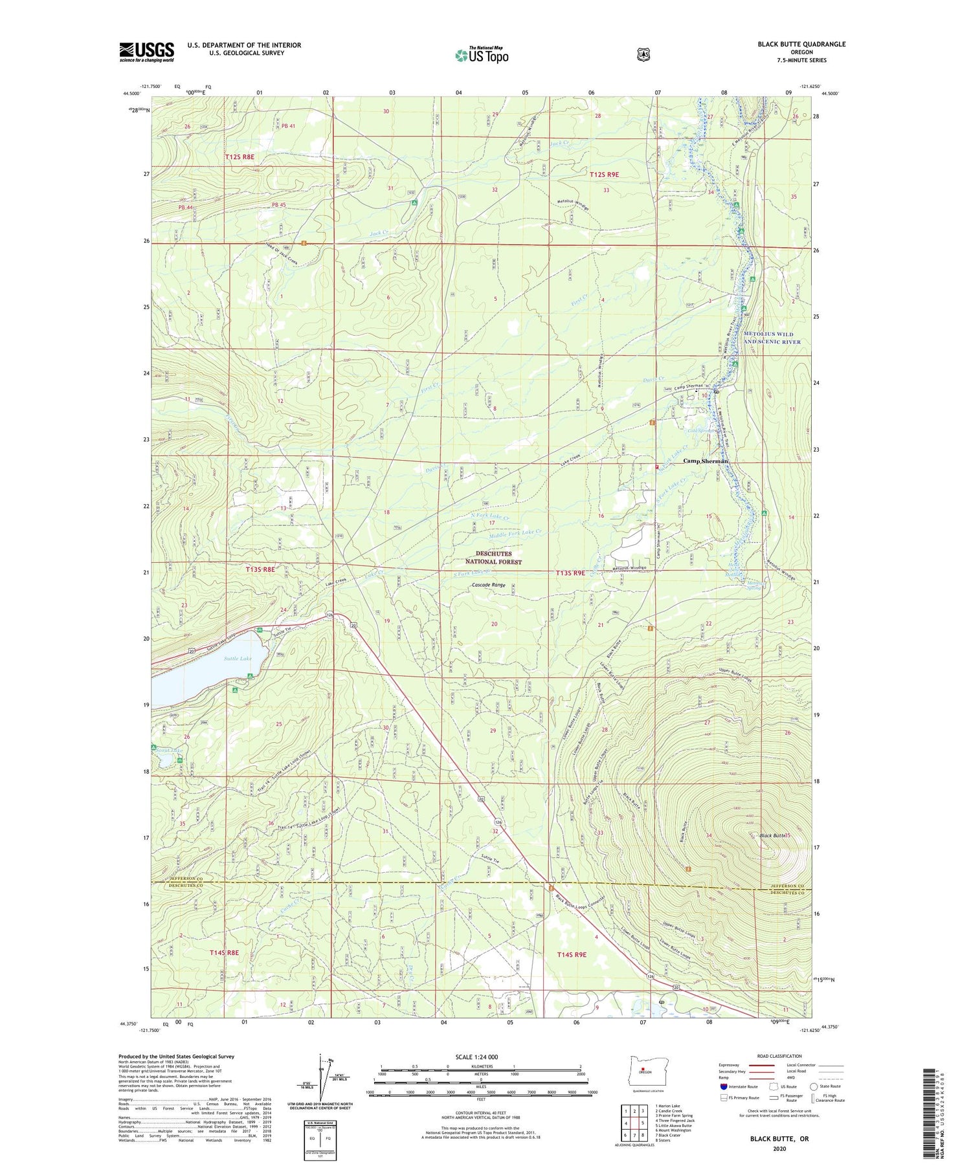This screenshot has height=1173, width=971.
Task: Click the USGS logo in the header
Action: tap(146, 52)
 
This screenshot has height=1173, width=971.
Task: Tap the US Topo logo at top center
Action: tap(482, 55)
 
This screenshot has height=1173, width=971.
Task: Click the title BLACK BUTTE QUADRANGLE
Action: tap(801, 44)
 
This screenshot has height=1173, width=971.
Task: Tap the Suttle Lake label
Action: tap(238, 659)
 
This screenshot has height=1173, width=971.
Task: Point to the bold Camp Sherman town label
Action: tap(706, 461)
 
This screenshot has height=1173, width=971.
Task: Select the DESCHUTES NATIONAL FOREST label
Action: tap(493, 558)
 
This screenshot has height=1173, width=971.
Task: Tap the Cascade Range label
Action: tap(489, 585)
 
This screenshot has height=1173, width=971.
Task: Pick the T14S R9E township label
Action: tap(572, 954)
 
